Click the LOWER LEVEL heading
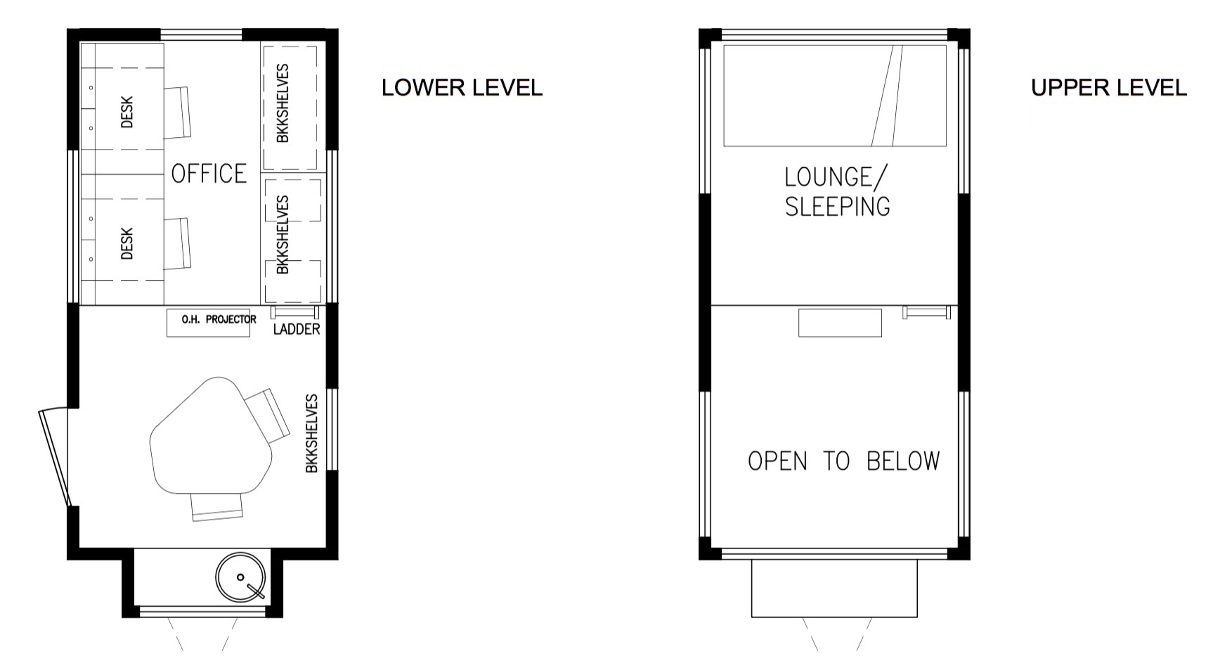(x=462, y=88)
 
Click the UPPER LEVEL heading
(x=1108, y=88)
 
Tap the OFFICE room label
(x=209, y=174)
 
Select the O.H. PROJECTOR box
(x=208, y=323)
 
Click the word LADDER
(x=296, y=329)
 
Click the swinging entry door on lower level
(x=55, y=457)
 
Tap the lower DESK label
(x=127, y=243)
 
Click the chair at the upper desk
(x=179, y=113)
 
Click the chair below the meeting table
(x=217, y=506)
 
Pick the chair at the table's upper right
(x=268, y=415)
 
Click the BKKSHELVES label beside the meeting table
(x=312, y=433)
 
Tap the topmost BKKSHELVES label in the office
(x=283, y=103)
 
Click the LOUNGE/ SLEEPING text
(x=836, y=191)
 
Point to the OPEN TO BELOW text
(x=843, y=461)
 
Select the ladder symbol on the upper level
(x=926, y=311)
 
